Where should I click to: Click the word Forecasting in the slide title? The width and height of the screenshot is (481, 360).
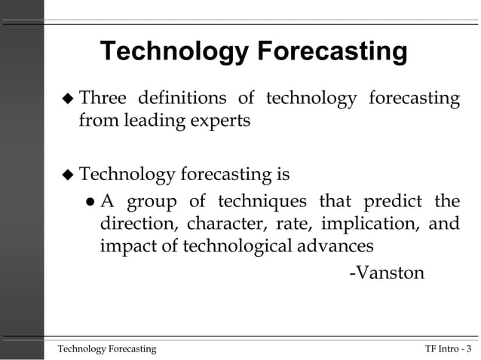(332, 53)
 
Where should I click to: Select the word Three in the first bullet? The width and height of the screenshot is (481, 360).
(105, 99)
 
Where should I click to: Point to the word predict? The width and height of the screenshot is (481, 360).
(386, 202)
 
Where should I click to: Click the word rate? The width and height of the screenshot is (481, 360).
(292, 224)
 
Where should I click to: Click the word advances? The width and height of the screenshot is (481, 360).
(336, 246)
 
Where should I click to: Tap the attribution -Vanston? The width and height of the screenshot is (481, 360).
(387, 272)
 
